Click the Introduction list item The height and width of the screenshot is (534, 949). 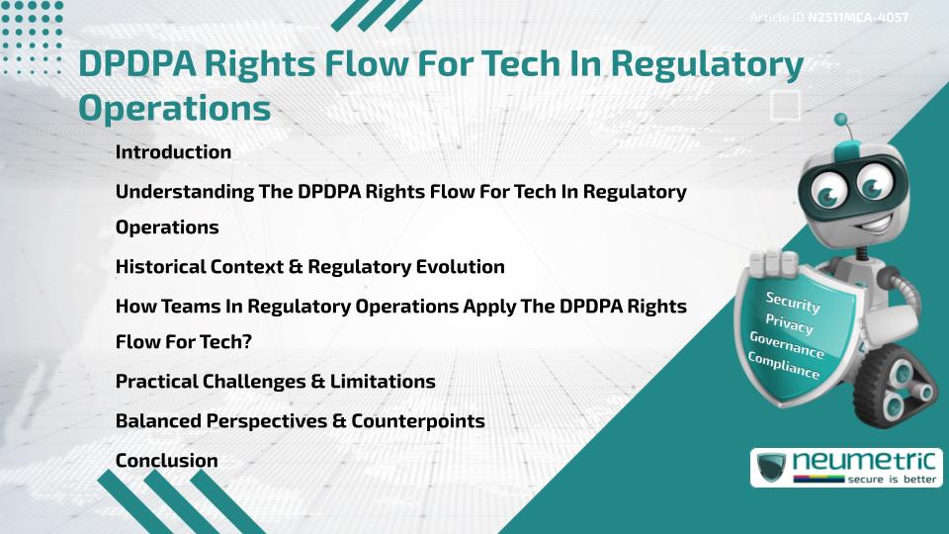pyautogui.click(x=173, y=152)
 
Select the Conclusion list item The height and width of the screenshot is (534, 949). pyautogui.click(x=166, y=460)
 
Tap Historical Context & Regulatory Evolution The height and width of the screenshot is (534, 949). pyautogui.click(x=309, y=267)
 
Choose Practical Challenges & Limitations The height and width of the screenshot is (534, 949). pyautogui.click(x=275, y=381)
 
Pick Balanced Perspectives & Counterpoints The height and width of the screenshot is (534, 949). pyautogui.click(x=300, y=420)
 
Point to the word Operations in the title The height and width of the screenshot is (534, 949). pyautogui.click(x=174, y=108)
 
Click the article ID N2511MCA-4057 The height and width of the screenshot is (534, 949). pyautogui.click(x=858, y=17)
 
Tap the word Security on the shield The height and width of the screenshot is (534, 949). pyautogui.click(x=793, y=303)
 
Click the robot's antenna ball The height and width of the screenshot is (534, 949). pyautogui.click(x=841, y=120)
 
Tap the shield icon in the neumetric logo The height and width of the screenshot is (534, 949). pyautogui.click(x=772, y=467)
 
